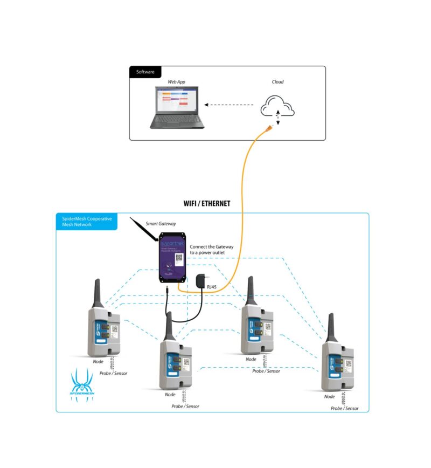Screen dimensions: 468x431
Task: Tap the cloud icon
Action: click(277, 106)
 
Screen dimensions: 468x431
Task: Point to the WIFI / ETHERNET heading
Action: click(207, 203)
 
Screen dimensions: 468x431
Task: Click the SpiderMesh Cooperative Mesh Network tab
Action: click(86, 222)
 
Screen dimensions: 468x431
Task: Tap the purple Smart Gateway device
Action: click(172, 257)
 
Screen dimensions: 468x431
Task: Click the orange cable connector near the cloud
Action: click(268, 128)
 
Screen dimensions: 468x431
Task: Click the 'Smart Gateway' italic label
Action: click(161, 223)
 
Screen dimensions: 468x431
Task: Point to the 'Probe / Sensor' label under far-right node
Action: click(344, 408)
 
